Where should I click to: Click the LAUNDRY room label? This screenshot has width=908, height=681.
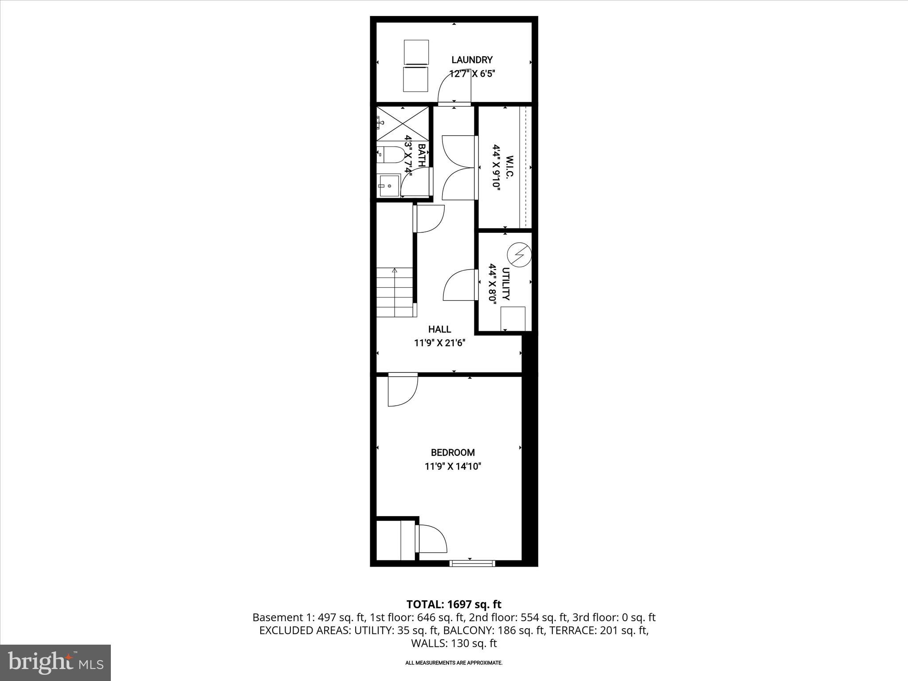tap(472, 60)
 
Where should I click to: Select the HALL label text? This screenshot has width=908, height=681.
tap(439, 329)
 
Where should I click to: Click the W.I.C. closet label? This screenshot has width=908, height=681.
tap(509, 167)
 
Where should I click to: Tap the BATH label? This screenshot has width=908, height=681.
tap(422, 155)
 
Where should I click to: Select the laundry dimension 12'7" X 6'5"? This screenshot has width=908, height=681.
tap(472, 74)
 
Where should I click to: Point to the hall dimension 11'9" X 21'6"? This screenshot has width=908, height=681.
tap(439, 343)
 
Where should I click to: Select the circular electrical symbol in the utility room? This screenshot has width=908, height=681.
tap(519, 254)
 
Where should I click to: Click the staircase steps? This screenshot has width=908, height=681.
tap(394, 293)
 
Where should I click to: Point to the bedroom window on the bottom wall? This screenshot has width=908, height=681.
tap(472, 563)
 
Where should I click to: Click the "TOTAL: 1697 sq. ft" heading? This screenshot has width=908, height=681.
tap(454, 604)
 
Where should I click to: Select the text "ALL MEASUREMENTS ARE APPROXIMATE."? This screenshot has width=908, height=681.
tap(454, 663)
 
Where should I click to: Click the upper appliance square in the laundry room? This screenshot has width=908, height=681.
tap(416, 51)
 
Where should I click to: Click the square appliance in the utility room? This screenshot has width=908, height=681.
tap(513, 319)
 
